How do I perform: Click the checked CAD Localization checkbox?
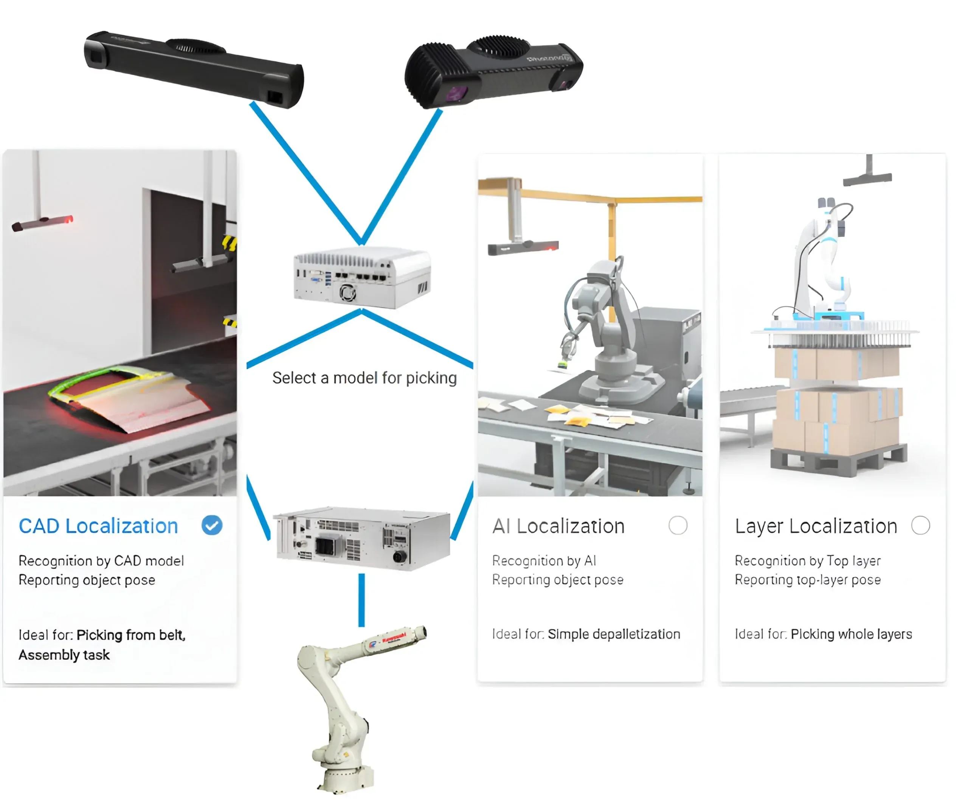[212, 525]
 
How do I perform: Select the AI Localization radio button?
[678, 525]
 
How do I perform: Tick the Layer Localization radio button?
[920, 525]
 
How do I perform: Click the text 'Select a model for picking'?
[364, 378]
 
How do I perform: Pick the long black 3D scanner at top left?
[194, 69]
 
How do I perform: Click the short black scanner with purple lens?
[493, 72]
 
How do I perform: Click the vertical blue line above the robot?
[361, 600]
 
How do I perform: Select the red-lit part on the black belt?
[129, 397]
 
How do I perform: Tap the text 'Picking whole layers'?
[851, 634]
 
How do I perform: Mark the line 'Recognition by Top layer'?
[808, 561]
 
